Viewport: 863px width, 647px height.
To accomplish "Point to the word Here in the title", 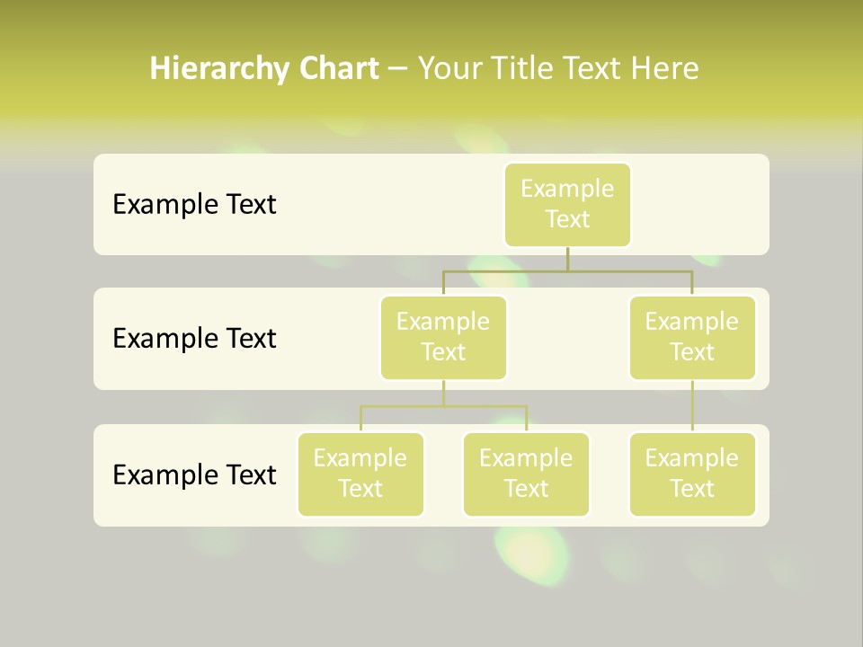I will coord(666,69).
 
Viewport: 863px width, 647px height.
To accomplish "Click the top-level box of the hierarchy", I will coord(567,205).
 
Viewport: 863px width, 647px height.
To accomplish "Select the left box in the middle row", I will coord(443,338).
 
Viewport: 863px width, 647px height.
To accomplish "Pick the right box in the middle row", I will coord(692,338).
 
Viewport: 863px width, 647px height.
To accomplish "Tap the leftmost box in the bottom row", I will coord(360,474).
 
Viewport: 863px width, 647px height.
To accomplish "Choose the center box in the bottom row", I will coord(526,474).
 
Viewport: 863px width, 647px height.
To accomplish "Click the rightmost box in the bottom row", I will coord(692,474).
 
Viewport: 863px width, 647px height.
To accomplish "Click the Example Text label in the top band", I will coord(194,205).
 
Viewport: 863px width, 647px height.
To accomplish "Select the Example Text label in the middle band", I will coord(194,339).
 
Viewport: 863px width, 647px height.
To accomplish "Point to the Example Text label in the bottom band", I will coord(194,474).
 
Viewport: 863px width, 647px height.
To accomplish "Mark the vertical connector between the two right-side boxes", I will coord(692,406).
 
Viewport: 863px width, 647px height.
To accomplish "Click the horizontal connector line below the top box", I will coord(567,270).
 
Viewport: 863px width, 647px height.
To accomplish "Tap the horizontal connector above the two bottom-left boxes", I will coord(443,406).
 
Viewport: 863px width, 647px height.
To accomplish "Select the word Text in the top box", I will coord(567,220).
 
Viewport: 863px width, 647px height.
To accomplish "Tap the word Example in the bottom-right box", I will coord(692,459).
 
